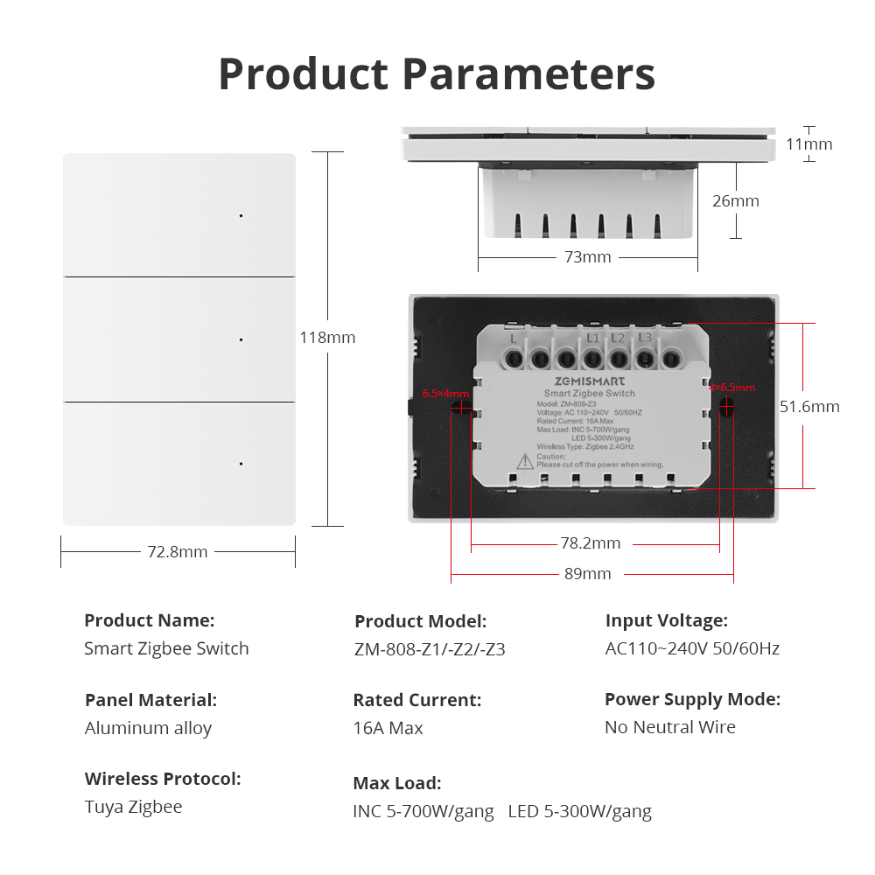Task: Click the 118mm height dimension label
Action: click(x=328, y=338)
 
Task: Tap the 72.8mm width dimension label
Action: click(x=178, y=552)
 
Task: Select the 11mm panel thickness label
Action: click(x=808, y=144)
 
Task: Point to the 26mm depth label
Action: click(x=735, y=201)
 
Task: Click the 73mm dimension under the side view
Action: click(x=587, y=257)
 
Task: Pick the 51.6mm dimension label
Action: click(x=809, y=407)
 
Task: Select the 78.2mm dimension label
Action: click(x=590, y=543)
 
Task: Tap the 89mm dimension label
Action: click(x=587, y=574)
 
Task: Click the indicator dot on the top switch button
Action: click(x=241, y=215)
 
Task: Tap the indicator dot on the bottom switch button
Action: click(x=241, y=464)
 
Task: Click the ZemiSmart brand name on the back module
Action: click(x=590, y=381)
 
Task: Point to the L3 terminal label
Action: click(x=645, y=338)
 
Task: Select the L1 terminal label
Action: click(x=592, y=338)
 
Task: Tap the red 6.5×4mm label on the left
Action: click(x=445, y=393)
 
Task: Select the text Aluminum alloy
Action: click(x=148, y=728)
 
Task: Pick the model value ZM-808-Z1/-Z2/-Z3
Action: click(x=430, y=649)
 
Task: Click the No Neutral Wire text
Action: click(x=670, y=727)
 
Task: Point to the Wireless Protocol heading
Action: click(x=163, y=779)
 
